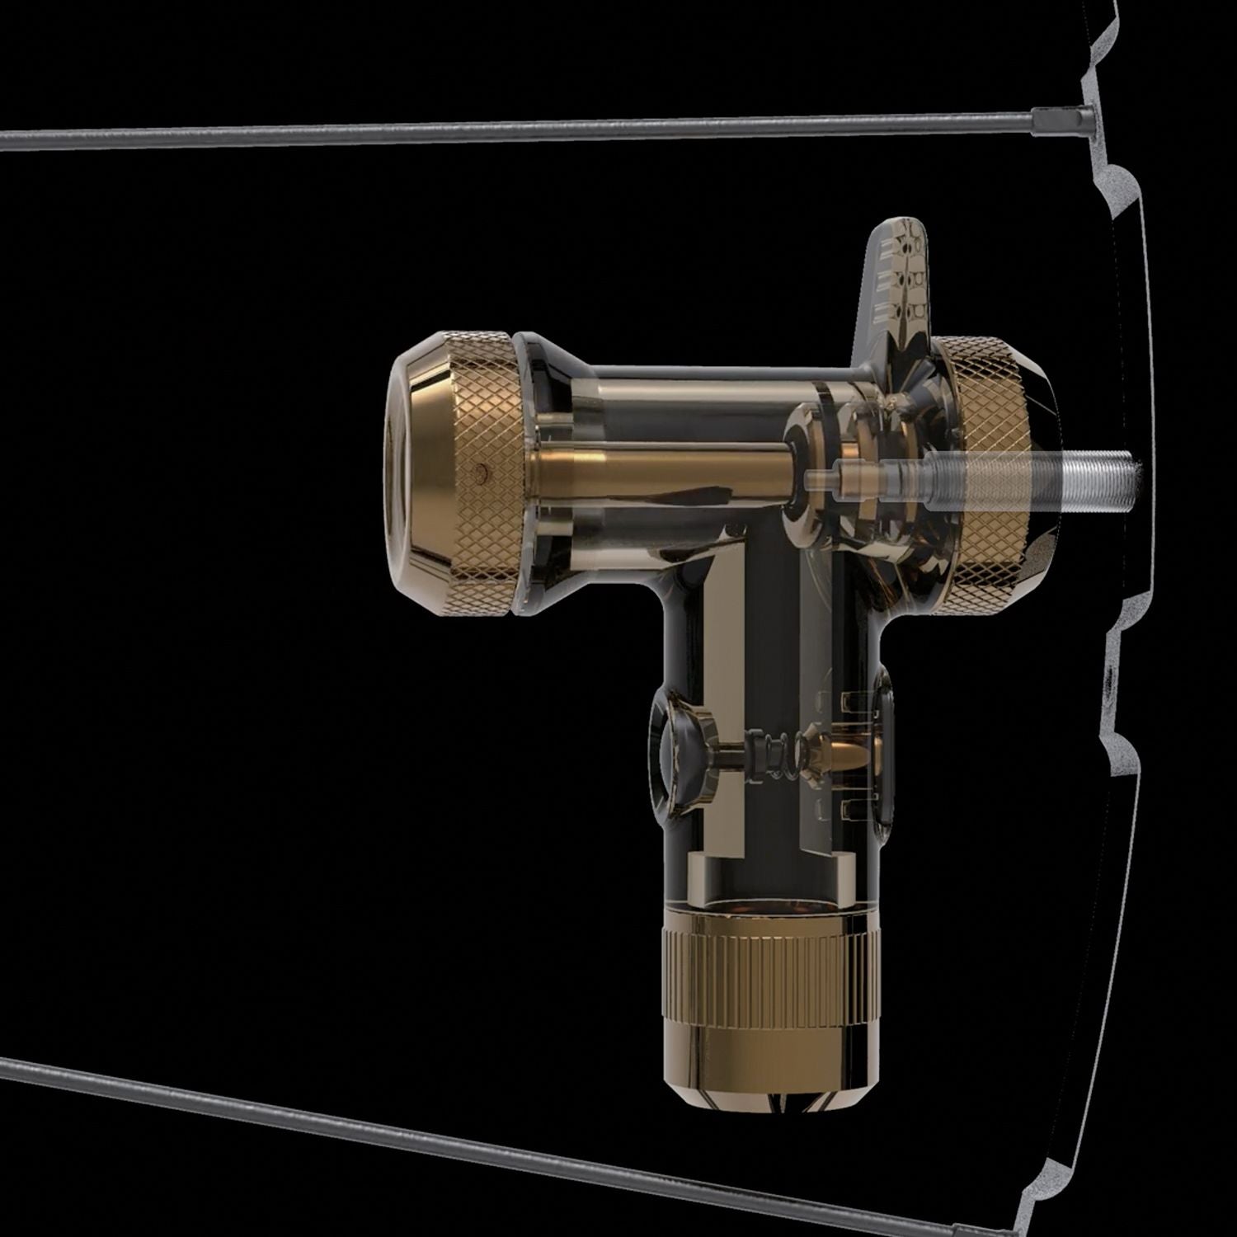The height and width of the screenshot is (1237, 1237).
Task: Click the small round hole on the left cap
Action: point(482,473)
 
